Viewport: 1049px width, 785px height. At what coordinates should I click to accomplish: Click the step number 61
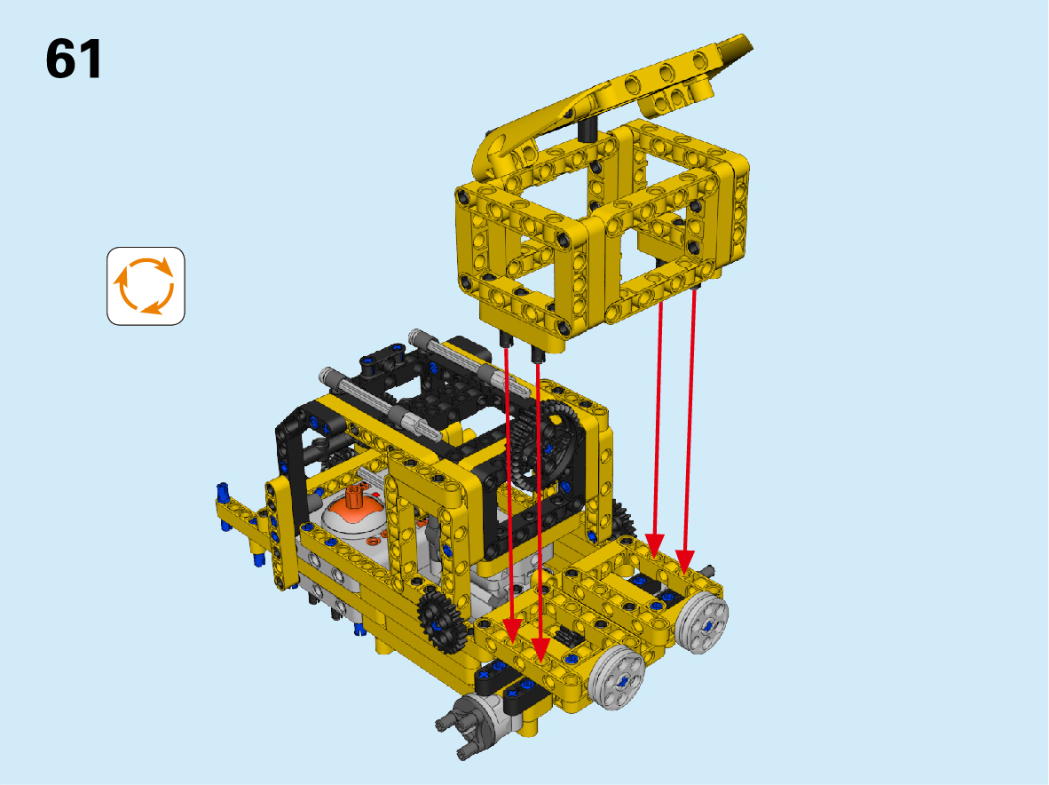(74, 59)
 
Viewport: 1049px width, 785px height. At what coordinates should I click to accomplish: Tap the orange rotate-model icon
(146, 286)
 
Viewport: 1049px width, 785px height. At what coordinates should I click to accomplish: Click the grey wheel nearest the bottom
(617, 677)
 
